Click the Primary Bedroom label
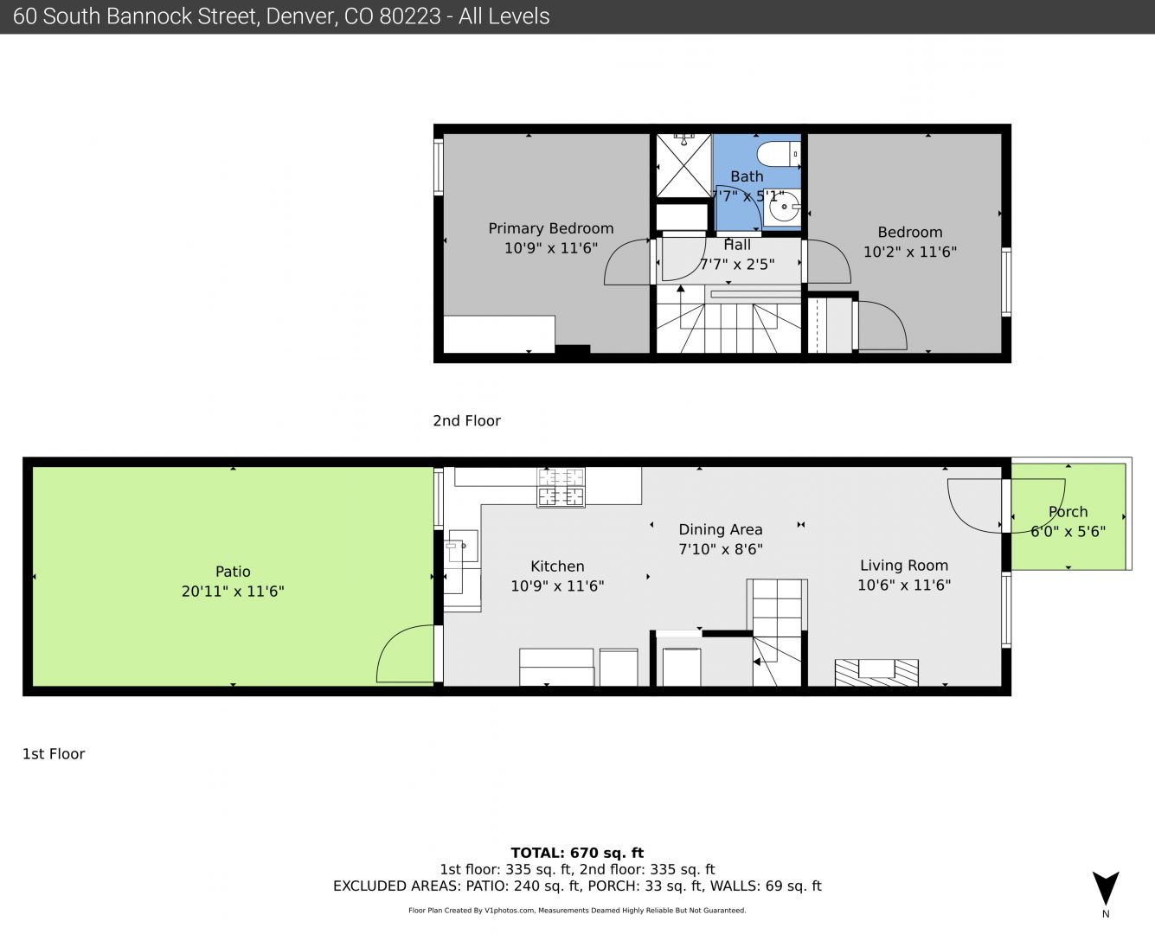[551, 228]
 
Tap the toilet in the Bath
[779, 154]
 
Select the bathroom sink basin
[784, 207]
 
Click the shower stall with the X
[683, 165]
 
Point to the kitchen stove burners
[561, 488]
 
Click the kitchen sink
[463, 547]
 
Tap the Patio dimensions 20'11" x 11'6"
[233, 591]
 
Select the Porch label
[1068, 512]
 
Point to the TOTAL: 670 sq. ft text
[577, 853]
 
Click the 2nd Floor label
[466, 420]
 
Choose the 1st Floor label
[53, 754]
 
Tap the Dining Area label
[720, 529]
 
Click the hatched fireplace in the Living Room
[876, 672]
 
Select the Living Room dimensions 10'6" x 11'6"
[904, 585]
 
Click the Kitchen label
[557, 566]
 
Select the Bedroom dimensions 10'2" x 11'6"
[910, 252]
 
